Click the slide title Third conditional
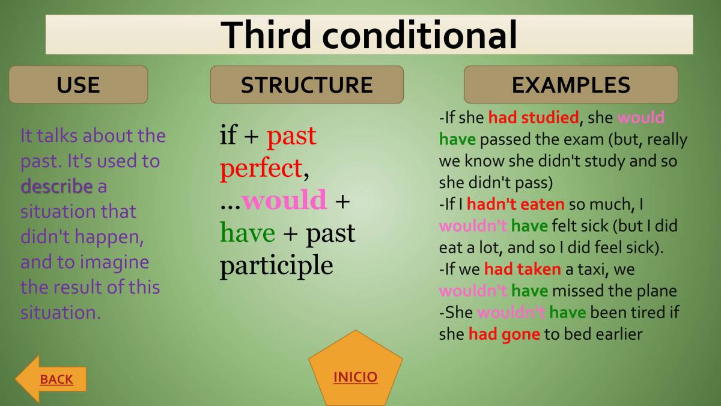tap(369, 35)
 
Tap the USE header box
tap(78, 85)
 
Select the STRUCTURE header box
tap(306, 85)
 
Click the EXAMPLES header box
tap(571, 85)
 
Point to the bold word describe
tap(56, 186)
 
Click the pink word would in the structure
tap(284, 200)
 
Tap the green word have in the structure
tap(247, 233)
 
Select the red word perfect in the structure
tap(260, 168)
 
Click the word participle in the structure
tap(276, 265)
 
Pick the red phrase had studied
tap(533, 118)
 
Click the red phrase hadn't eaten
tap(516, 205)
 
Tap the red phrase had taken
tap(522, 269)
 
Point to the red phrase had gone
tap(504, 334)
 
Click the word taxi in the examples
tap(595, 269)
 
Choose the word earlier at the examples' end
tap(619, 334)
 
